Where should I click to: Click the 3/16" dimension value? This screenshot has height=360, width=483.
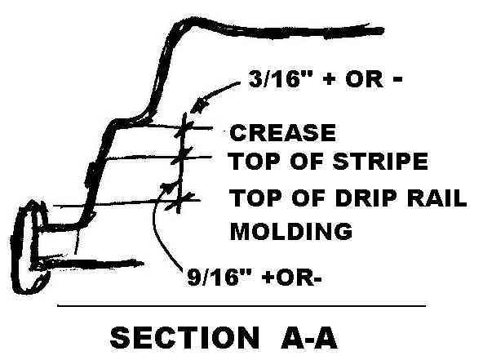274,79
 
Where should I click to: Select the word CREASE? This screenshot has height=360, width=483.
283,132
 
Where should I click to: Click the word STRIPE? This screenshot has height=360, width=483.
380,161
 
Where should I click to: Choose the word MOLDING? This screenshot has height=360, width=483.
291,231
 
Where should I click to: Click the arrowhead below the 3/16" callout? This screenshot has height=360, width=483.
199,105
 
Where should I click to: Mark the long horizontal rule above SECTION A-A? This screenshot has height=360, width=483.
241,306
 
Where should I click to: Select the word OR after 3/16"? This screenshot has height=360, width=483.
365,79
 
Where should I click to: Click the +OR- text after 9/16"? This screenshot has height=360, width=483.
290,277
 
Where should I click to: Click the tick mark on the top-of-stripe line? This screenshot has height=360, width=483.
182,156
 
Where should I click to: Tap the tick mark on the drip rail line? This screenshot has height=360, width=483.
179,201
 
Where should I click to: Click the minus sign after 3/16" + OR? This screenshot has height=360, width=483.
397,79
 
